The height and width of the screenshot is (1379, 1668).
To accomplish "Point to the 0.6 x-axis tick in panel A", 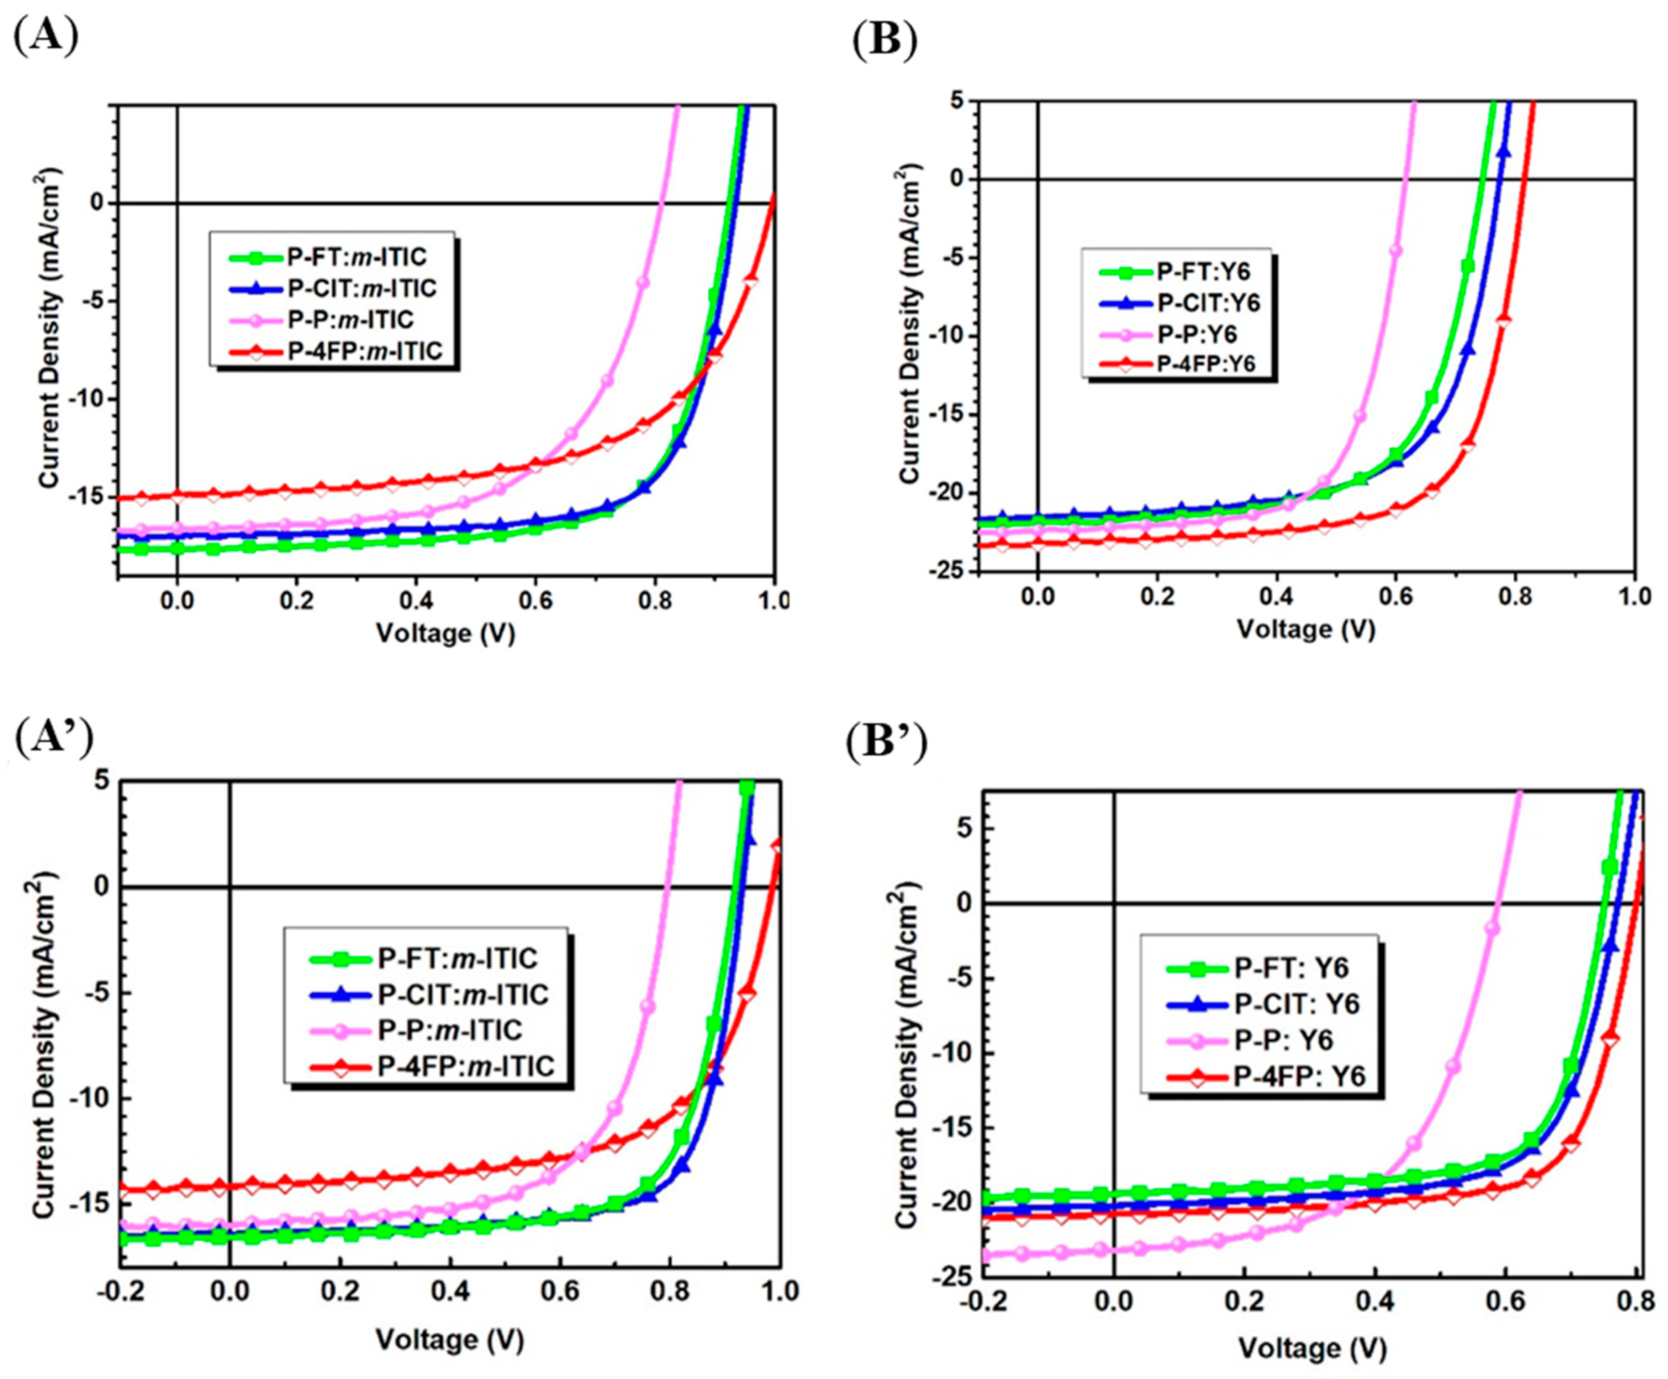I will [535, 601].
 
